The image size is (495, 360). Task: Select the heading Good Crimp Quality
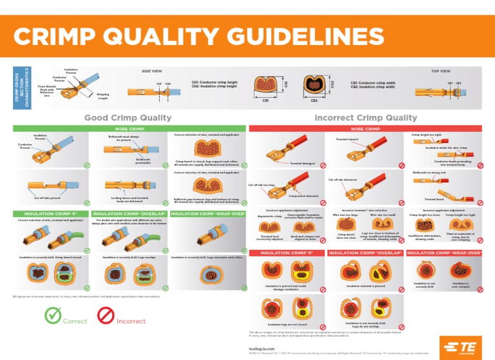[129, 117]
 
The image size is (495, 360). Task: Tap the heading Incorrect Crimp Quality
[365, 117]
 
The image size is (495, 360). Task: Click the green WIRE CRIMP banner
[129, 129]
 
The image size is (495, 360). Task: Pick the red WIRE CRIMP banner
[365, 129]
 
